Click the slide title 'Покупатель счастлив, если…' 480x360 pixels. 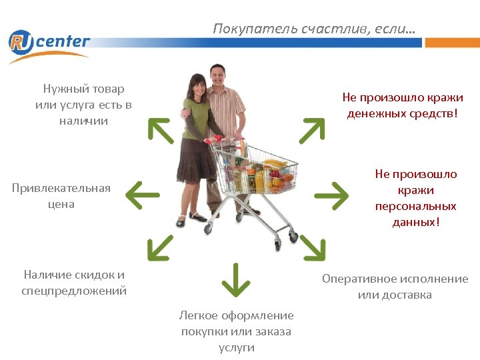(x=313, y=29)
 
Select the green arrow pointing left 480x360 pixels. (x=142, y=196)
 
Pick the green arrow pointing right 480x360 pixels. (x=331, y=195)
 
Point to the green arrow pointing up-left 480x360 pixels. (x=160, y=130)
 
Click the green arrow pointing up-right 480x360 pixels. (x=312, y=131)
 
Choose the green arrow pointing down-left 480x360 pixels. (x=159, y=248)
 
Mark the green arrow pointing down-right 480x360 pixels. (x=312, y=247)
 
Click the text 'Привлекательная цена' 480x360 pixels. (x=61, y=196)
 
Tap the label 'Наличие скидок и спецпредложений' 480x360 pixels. (x=74, y=283)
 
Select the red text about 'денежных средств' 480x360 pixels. (x=403, y=105)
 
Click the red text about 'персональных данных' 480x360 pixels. (x=416, y=197)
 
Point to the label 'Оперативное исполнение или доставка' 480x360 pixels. (x=395, y=287)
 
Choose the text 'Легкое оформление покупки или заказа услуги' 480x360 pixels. (x=237, y=331)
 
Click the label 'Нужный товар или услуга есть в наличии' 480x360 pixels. (x=83, y=105)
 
